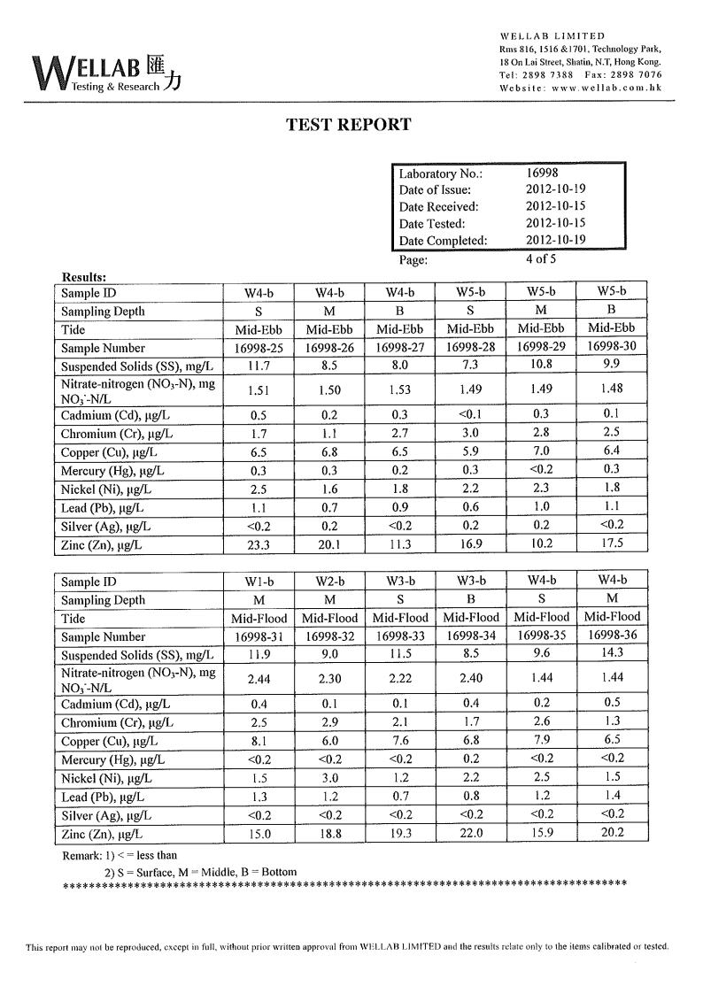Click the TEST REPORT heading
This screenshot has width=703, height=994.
click(349, 125)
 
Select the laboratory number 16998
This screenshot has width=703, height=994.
click(542, 173)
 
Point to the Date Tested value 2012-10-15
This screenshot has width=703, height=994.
click(555, 223)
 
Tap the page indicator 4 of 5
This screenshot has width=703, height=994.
click(541, 259)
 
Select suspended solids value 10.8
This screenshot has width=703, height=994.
click(541, 366)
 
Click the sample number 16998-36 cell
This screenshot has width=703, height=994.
click(612, 636)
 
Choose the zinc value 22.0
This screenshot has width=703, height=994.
click(470, 834)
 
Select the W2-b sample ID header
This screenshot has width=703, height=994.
click(328, 581)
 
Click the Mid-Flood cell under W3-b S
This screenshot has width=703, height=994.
click(399, 618)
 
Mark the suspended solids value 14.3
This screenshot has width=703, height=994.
click(612, 654)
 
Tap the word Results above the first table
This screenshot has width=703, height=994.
click(85, 277)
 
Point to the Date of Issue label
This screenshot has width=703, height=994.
click(435, 190)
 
